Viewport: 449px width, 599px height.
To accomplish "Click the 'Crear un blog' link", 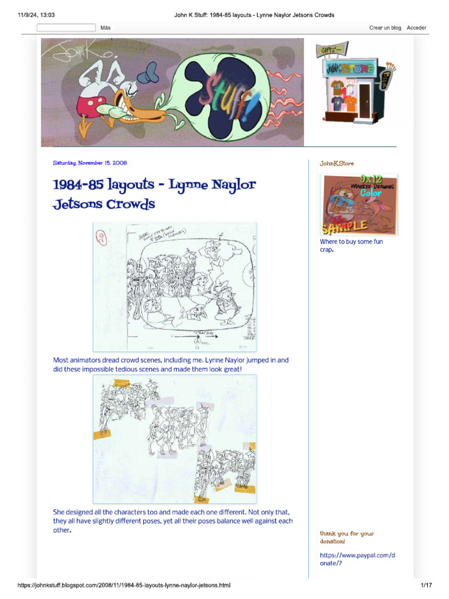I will click(385, 27).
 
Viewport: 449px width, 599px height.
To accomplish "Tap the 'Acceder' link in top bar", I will click(416, 27).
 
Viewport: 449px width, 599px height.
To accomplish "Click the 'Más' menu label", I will click(105, 27).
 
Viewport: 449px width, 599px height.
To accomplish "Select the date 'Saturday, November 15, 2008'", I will click(90, 163).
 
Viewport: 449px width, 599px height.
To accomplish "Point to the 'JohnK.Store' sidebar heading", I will click(336, 163).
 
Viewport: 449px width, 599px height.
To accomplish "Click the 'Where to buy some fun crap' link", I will click(351, 245).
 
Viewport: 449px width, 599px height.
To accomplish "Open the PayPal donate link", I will click(357, 559).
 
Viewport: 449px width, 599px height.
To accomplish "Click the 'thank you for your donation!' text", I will click(347, 537).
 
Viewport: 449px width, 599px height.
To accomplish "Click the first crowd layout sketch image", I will click(174, 287).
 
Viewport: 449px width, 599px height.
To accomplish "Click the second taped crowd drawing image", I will click(174, 439).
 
